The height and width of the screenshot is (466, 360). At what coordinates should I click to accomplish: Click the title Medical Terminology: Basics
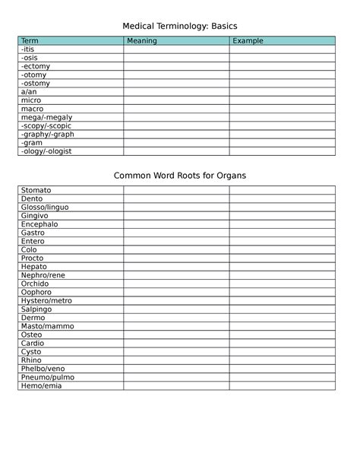pos(180,27)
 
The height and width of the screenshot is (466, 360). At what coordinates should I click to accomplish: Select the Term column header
pos(30,41)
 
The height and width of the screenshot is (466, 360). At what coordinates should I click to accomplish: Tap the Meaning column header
pos(142,41)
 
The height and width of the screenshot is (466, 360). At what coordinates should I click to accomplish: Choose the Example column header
pos(248,41)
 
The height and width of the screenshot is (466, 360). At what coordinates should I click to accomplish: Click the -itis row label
pos(28,49)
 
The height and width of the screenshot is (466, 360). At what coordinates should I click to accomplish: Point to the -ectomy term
pos(34,66)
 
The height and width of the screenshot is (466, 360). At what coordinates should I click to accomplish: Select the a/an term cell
pos(29,92)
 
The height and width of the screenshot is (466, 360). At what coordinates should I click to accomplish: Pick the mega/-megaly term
pos(42,117)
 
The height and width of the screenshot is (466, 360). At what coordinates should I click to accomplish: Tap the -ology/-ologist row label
pos(45,151)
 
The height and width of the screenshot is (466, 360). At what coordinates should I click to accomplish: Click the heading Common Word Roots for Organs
pos(180,176)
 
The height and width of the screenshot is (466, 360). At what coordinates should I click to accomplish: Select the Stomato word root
pos(36,190)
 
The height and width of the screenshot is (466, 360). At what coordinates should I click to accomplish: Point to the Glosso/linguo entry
pos(45,208)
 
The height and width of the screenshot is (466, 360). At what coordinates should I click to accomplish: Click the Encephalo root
pos(39,224)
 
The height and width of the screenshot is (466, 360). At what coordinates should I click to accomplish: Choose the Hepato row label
pos(34,267)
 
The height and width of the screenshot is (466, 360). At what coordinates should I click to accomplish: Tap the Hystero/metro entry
pos(46,301)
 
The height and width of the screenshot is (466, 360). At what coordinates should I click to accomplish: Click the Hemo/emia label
pos(41,385)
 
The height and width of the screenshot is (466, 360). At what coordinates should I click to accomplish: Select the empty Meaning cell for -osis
pos(176,58)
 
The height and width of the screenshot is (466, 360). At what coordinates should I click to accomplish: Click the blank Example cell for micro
pos(282,100)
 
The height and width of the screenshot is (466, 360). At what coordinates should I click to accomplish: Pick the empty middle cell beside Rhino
pos(176,360)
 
